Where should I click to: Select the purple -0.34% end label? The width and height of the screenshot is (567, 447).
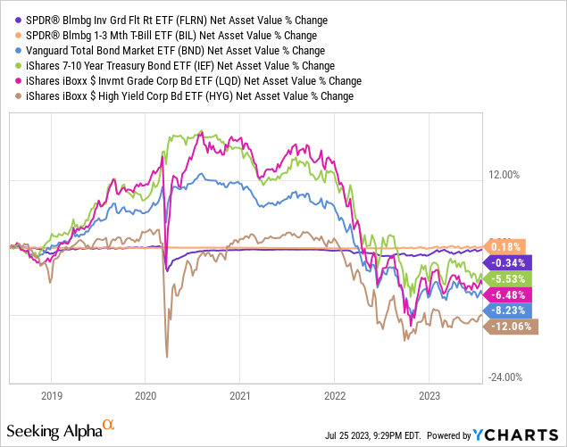509,262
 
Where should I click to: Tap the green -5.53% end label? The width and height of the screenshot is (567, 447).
509,278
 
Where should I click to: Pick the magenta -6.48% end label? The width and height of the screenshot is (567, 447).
509,294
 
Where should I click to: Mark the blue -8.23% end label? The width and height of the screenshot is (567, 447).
509,310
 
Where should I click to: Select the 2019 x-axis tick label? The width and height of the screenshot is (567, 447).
52,394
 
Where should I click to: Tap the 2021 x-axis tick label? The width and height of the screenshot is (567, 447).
239,394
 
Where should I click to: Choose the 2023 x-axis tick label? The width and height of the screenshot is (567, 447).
428,394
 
